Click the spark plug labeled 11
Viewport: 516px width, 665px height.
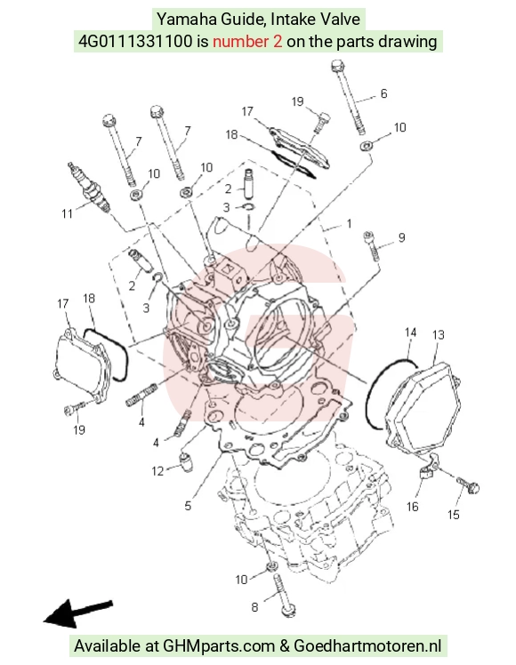point(90,187)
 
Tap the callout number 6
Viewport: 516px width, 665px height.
point(383,93)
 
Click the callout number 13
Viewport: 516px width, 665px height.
point(438,335)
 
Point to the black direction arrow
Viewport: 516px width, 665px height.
point(78,613)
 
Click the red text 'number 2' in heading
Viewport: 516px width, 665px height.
point(247,42)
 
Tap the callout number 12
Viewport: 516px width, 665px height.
point(157,471)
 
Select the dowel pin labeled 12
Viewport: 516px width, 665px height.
point(186,461)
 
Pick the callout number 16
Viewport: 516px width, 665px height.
point(412,507)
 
